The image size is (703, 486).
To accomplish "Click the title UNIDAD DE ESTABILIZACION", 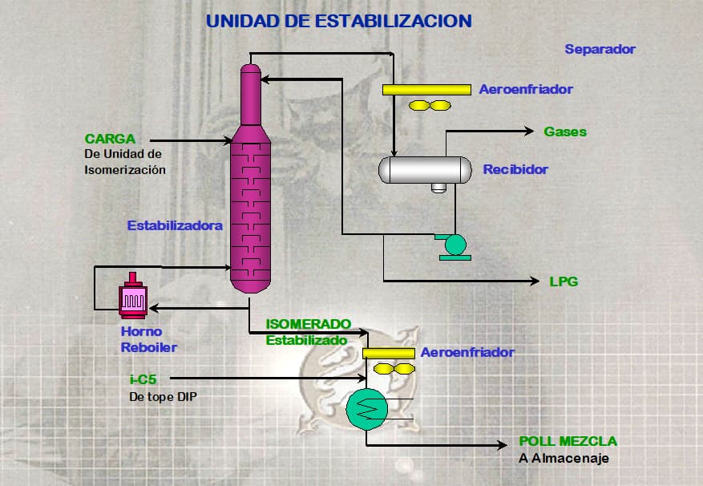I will pyautogui.click(x=339, y=21).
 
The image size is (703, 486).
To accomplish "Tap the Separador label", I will pyautogui.click(x=600, y=49).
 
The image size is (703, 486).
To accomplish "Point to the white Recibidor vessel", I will pyautogui.click(x=425, y=169).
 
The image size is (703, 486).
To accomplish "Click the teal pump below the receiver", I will pyautogui.click(x=455, y=245).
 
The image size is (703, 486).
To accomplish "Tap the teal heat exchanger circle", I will pyautogui.click(x=367, y=410).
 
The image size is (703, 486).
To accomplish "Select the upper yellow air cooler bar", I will pyautogui.click(x=426, y=89).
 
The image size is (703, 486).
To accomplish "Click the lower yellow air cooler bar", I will pyautogui.click(x=389, y=353).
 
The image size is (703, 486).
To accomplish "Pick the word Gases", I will pyautogui.click(x=565, y=132).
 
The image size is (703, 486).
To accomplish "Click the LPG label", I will pyautogui.click(x=564, y=281).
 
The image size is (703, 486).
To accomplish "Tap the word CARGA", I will pyautogui.click(x=110, y=139).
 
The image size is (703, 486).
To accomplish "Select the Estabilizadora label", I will pyautogui.click(x=175, y=226).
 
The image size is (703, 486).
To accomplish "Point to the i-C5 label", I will pyautogui.click(x=143, y=379).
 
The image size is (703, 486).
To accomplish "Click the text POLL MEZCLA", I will pyautogui.click(x=568, y=442).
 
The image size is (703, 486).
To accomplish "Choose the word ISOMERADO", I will pyautogui.click(x=309, y=324).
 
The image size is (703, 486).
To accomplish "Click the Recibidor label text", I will pyautogui.click(x=515, y=170).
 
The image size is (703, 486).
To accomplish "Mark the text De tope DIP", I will pyautogui.click(x=164, y=395).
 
